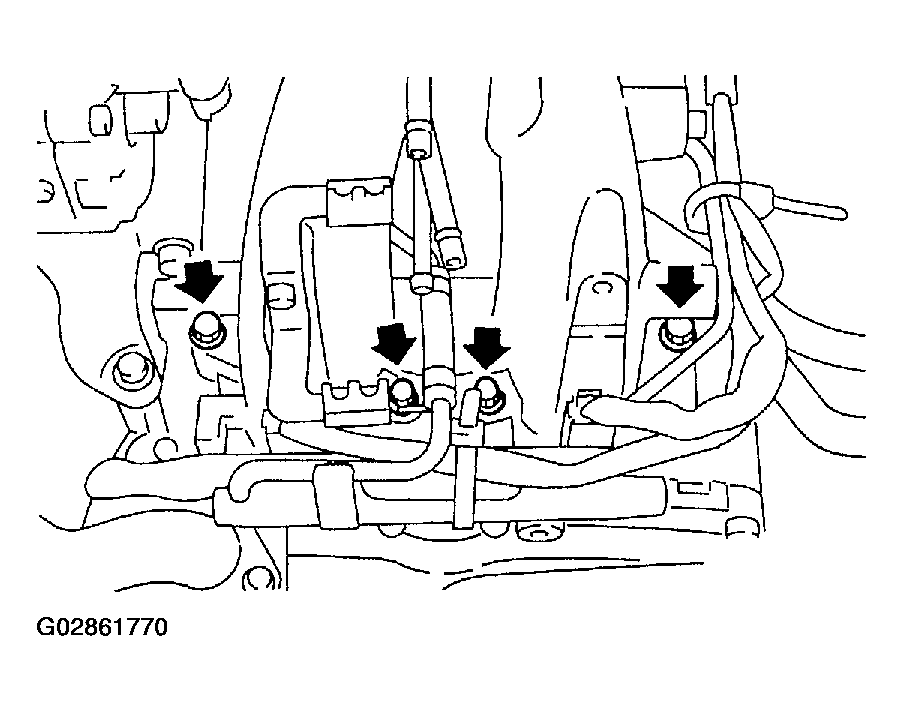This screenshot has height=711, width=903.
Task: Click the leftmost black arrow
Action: pyautogui.click(x=199, y=280)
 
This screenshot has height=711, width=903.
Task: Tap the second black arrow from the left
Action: pyautogui.click(x=394, y=343)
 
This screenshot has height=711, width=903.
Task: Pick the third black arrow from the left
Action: pyautogui.click(x=487, y=347)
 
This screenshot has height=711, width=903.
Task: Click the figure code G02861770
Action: pyautogui.click(x=102, y=627)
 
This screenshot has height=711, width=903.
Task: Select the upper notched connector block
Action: pyautogui.click(x=359, y=199)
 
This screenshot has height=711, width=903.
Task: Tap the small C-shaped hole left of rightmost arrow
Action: pyautogui.click(x=602, y=287)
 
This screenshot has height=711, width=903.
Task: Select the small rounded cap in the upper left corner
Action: pyautogui.click(x=100, y=119)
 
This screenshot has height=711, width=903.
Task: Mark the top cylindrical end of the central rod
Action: pyautogui.click(x=418, y=136)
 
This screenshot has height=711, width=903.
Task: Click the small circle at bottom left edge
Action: pyautogui.click(x=257, y=579)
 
